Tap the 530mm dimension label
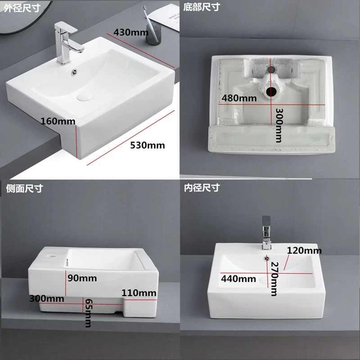[x=147, y=145]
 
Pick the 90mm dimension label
[x=82, y=278]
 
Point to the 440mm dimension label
[x=234, y=279]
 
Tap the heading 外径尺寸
[x=22, y=7]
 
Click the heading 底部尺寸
[x=202, y=7]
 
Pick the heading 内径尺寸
[x=202, y=188]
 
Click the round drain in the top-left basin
[x=84, y=96]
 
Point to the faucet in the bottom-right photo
[x=266, y=234]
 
